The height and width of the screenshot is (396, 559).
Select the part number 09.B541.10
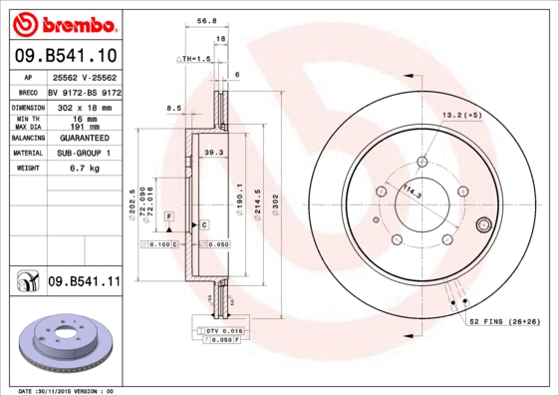(x=66, y=56)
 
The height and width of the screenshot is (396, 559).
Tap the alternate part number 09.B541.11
(x=83, y=282)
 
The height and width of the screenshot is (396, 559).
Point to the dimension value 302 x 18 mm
(x=83, y=106)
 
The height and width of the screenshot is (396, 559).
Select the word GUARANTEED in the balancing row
(x=83, y=138)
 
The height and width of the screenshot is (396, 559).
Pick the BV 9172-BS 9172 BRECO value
(x=83, y=91)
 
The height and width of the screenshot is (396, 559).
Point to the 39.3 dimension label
(x=211, y=153)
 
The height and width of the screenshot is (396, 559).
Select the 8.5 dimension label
(x=174, y=108)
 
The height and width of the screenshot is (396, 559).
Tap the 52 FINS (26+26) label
(x=504, y=322)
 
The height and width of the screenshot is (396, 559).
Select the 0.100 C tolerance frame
(x=159, y=243)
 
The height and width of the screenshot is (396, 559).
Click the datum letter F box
(x=169, y=216)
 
